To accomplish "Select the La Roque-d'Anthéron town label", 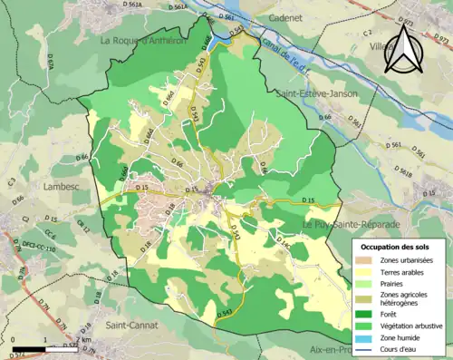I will point(144,40).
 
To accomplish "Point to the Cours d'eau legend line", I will point(366,352).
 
